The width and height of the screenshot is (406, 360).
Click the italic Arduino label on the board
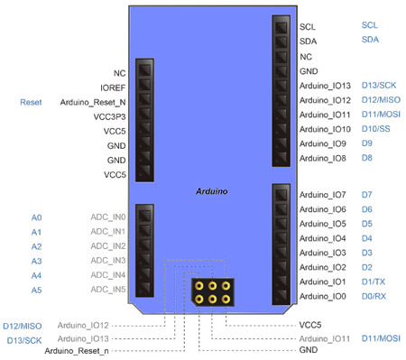point(212,192)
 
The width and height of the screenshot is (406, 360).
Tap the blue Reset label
point(29,102)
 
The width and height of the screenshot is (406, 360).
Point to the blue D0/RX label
point(374,296)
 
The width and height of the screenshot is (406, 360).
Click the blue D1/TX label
point(373,282)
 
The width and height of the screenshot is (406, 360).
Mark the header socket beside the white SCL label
point(279,27)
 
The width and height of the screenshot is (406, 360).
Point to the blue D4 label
point(367,238)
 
